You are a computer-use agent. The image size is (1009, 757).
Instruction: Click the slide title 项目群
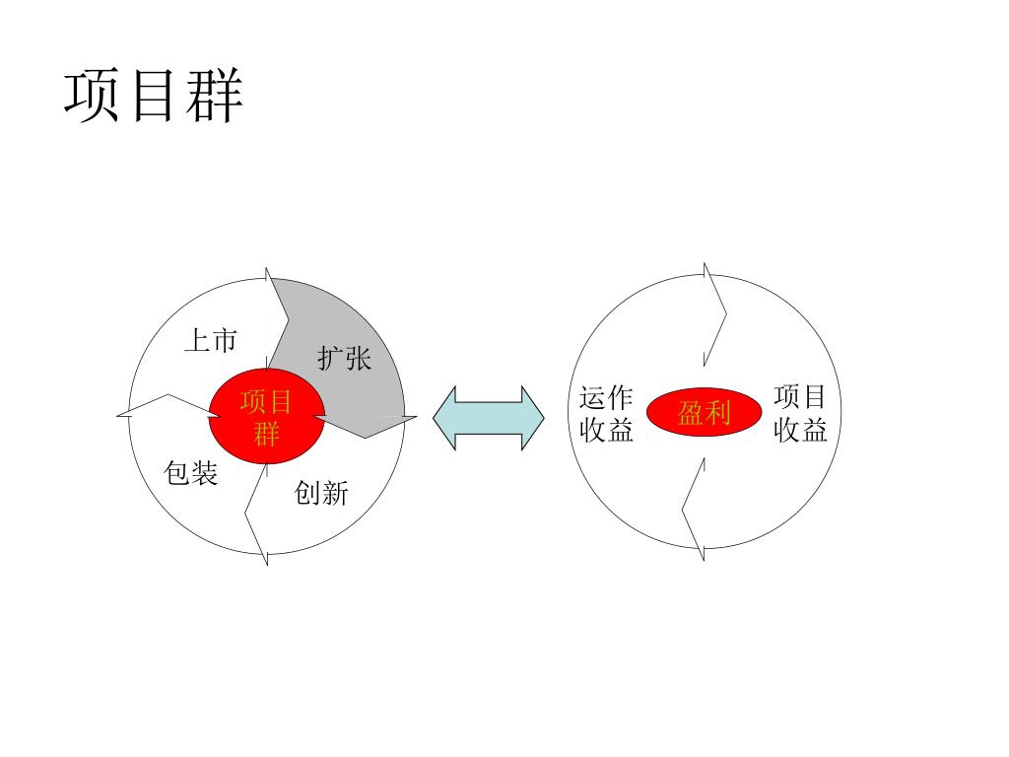[x=153, y=96]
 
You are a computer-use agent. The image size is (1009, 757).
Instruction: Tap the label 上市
[x=211, y=340]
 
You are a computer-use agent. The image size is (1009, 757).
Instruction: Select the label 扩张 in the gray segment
[x=344, y=358]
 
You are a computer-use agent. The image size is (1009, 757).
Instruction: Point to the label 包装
[x=191, y=473]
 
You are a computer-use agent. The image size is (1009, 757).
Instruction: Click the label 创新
[x=321, y=493]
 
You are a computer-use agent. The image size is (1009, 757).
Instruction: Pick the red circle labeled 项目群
[x=266, y=417]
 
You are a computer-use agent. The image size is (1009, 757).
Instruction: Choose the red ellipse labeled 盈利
[x=704, y=412]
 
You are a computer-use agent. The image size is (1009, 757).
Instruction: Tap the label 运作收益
[x=606, y=414]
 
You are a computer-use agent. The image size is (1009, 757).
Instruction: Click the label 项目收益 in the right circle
[x=800, y=414]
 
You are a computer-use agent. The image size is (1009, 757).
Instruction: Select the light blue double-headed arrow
[x=489, y=418]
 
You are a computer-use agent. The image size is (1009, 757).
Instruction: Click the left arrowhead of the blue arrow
[x=435, y=418]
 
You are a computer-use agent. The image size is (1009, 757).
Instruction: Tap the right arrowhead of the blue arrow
[x=543, y=418]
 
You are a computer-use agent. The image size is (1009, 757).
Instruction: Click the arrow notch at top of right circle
[x=726, y=314]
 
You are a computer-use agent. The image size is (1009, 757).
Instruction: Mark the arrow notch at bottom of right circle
[x=683, y=512]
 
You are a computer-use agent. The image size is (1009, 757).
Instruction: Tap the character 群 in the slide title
[x=215, y=96]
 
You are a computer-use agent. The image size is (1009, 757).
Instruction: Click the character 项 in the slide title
[x=92, y=96]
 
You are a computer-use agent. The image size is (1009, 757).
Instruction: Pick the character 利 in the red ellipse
[x=717, y=412]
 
